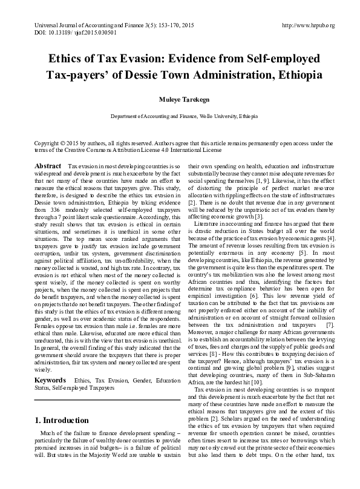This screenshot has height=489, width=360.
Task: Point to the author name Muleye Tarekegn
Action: click(180, 99)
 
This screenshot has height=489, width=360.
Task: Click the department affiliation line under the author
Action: click(180, 115)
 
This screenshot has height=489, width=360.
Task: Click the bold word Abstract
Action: click(48, 166)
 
